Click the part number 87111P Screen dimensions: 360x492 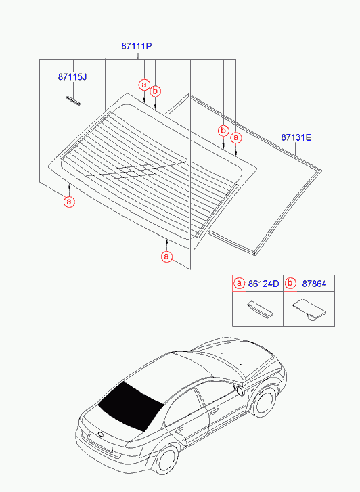point(137,46)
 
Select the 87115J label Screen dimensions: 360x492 point(72,77)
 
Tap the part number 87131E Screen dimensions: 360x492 point(296,137)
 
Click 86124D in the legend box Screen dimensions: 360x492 point(263,284)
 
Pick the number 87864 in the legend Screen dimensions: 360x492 point(314,284)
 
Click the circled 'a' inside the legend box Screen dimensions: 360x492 point(239,284)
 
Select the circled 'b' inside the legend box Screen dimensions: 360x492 point(290,284)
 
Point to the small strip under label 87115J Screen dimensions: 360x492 point(73,100)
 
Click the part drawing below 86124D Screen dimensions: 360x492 point(261,309)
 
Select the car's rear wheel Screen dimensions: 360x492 point(166,460)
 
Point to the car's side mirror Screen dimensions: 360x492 point(241,390)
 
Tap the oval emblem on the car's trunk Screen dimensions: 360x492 point(101,434)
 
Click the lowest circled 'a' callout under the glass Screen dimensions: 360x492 point(166,256)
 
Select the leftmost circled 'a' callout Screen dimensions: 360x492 point(69,202)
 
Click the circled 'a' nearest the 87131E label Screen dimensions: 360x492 point(236,137)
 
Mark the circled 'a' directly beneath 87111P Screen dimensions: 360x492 point(144,85)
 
